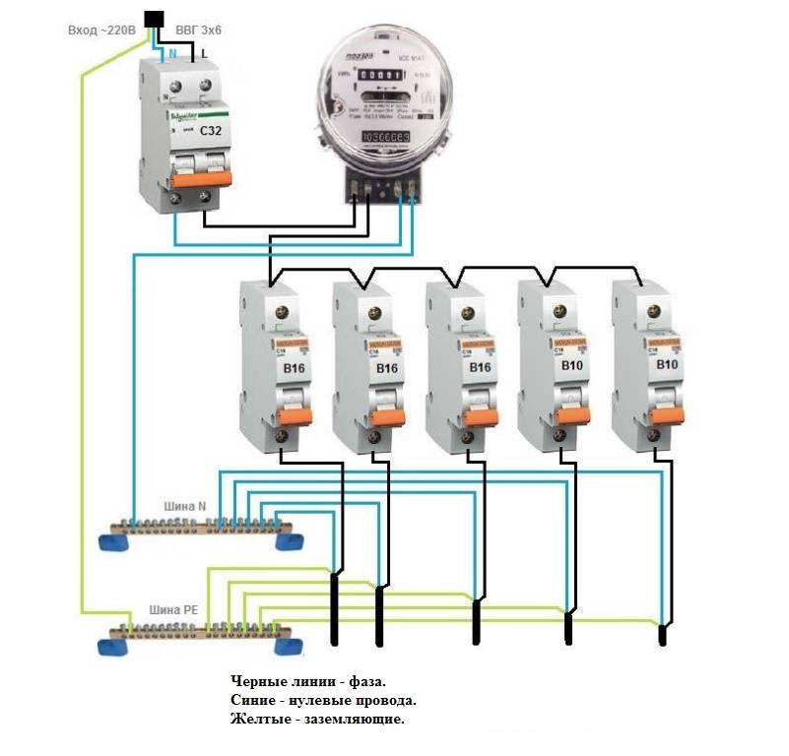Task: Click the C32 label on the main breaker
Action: (209, 131)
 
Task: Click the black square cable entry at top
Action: (154, 18)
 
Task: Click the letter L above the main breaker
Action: (205, 56)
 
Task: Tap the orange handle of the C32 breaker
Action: (200, 177)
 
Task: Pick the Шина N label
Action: (184, 506)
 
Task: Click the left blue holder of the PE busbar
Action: (110, 646)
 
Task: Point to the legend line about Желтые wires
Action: (317, 720)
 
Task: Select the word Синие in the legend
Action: (254, 701)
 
